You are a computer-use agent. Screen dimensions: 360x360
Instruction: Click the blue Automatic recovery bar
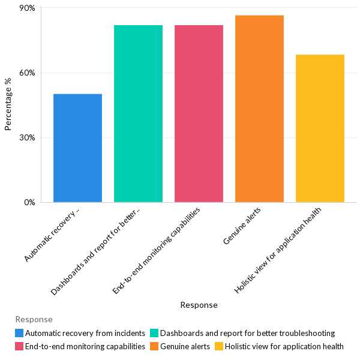point(77,148)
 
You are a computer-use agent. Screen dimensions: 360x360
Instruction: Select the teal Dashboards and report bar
point(138,113)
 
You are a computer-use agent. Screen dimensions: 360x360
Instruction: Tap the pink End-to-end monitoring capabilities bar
point(199,113)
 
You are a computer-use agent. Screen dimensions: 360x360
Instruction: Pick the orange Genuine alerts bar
point(259,109)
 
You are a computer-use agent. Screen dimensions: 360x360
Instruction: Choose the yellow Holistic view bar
point(320,128)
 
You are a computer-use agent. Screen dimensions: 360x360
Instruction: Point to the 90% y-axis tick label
point(27,8)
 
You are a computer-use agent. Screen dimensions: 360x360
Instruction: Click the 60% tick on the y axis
point(27,73)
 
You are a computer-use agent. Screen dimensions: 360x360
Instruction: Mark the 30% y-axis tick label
point(27,137)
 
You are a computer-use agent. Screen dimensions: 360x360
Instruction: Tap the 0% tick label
point(29,202)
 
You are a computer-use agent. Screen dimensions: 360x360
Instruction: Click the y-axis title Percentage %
point(8,109)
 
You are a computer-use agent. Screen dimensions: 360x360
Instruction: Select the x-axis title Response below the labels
point(199,305)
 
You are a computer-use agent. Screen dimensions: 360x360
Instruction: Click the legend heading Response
point(34,319)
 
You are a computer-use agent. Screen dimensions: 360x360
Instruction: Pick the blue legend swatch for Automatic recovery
point(20,333)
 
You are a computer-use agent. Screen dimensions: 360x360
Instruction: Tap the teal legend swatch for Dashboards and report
point(154,333)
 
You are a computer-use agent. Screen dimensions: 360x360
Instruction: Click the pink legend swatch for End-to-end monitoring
point(20,346)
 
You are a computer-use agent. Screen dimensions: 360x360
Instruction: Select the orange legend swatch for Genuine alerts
point(154,346)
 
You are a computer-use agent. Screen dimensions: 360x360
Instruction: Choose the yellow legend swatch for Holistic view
point(219,346)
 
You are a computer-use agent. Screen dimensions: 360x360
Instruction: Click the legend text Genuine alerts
point(185,346)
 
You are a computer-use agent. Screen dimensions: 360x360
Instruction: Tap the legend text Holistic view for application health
point(284,346)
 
